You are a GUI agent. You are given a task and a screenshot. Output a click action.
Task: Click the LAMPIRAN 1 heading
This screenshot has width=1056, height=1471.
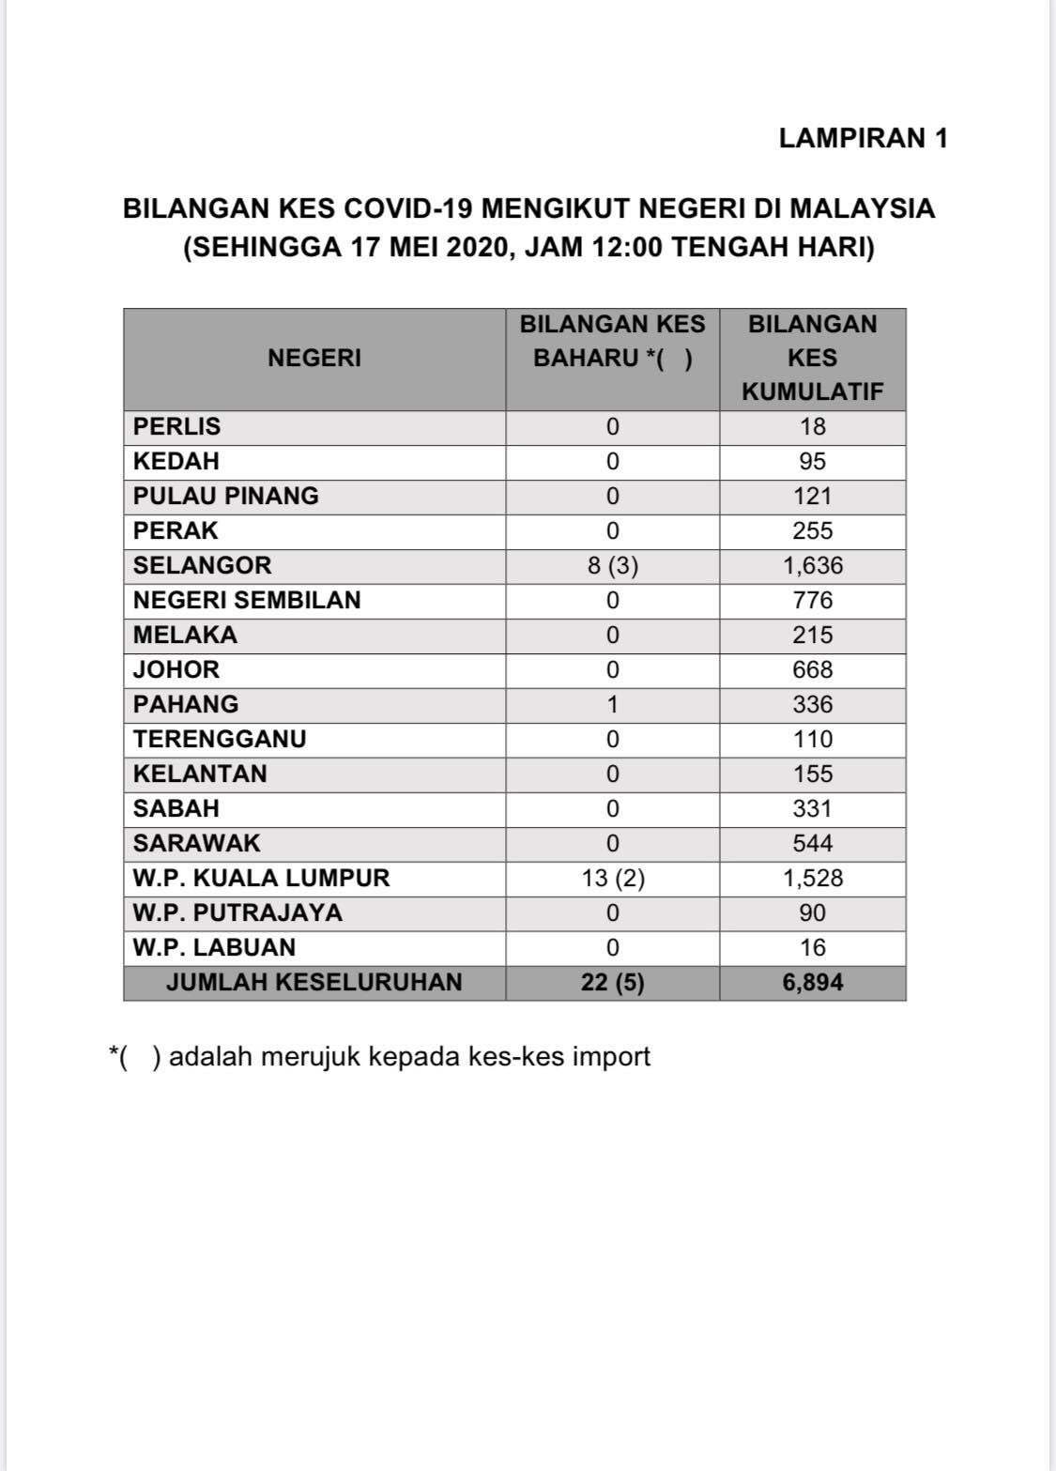[863, 139]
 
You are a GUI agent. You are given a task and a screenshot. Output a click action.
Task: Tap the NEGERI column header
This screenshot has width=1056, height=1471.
[314, 358]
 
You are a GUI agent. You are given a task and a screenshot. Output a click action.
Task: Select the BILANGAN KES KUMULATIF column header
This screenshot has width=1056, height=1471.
[812, 358]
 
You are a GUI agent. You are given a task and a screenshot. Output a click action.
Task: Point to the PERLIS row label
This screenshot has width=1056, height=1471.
[177, 427]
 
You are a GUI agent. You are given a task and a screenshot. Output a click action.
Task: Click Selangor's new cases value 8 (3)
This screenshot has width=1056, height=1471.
[612, 566]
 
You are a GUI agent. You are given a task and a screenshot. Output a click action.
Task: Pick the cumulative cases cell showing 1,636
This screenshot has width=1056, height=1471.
[812, 566]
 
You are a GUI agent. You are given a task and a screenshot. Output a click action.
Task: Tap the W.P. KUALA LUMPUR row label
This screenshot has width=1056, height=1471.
[261, 879]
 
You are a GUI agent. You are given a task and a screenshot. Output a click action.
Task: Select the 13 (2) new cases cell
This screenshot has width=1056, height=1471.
[612, 879]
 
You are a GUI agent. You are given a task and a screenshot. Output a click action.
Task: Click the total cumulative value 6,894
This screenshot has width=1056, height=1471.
[812, 983]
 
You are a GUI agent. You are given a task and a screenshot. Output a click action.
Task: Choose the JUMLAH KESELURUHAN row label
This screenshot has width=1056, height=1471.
[314, 983]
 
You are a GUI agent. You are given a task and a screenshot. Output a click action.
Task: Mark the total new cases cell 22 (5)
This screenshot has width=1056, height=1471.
[612, 983]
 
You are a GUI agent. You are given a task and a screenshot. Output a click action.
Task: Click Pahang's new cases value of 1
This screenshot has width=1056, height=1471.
[612, 705]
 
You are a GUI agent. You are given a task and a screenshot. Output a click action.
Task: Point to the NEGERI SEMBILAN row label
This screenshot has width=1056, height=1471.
[247, 601]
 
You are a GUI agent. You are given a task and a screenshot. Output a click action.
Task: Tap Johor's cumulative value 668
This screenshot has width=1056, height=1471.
[812, 670]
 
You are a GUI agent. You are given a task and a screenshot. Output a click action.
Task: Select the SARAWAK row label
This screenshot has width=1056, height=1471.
[196, 844]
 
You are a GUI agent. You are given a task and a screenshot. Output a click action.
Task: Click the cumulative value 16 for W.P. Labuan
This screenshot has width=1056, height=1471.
[812, 948]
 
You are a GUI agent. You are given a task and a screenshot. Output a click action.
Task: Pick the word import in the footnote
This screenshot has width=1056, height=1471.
[613, 1057]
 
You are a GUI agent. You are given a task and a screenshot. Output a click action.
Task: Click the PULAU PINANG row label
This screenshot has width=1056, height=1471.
[225, 497]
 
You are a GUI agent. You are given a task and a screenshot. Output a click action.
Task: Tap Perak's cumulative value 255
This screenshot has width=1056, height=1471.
[812, 531]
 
